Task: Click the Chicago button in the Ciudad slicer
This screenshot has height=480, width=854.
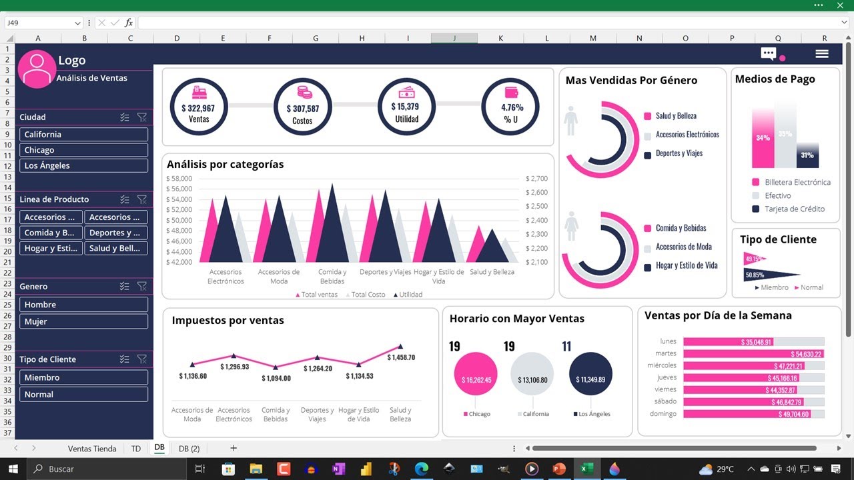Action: (x=83, y=150)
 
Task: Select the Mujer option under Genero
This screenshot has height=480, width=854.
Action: (x=83, y=321)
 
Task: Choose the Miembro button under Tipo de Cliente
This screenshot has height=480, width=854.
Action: (x=83, y=377)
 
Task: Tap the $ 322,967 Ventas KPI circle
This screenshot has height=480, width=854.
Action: (x=198, y=107)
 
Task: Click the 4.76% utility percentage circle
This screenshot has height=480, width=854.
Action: (x=511, y=107)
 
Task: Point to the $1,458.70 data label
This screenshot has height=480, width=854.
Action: (x=400, y=357)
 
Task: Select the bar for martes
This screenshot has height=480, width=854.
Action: (x=753, y=354)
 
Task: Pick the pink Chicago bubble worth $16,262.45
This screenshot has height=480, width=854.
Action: (x=476, y=379)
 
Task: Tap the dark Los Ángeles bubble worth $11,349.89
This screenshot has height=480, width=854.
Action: (x=590, y=379)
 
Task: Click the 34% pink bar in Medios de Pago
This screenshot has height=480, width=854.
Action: (x=763, y=139)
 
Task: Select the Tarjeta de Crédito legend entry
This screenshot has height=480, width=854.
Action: (x=794, y=209)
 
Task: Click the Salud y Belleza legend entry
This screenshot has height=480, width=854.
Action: (x=675, y=116)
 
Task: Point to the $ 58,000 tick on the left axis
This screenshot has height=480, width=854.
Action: (x=179, y=179)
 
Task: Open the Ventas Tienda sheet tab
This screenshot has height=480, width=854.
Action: (x=92, y=449)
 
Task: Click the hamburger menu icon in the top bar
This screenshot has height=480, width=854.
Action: (x=822, y=54)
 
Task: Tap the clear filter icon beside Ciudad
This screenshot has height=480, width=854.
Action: (x=141, y=117)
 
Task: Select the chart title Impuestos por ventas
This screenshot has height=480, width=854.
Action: (x=228, y=321)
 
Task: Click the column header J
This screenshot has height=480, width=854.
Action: (x=454, y=39)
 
